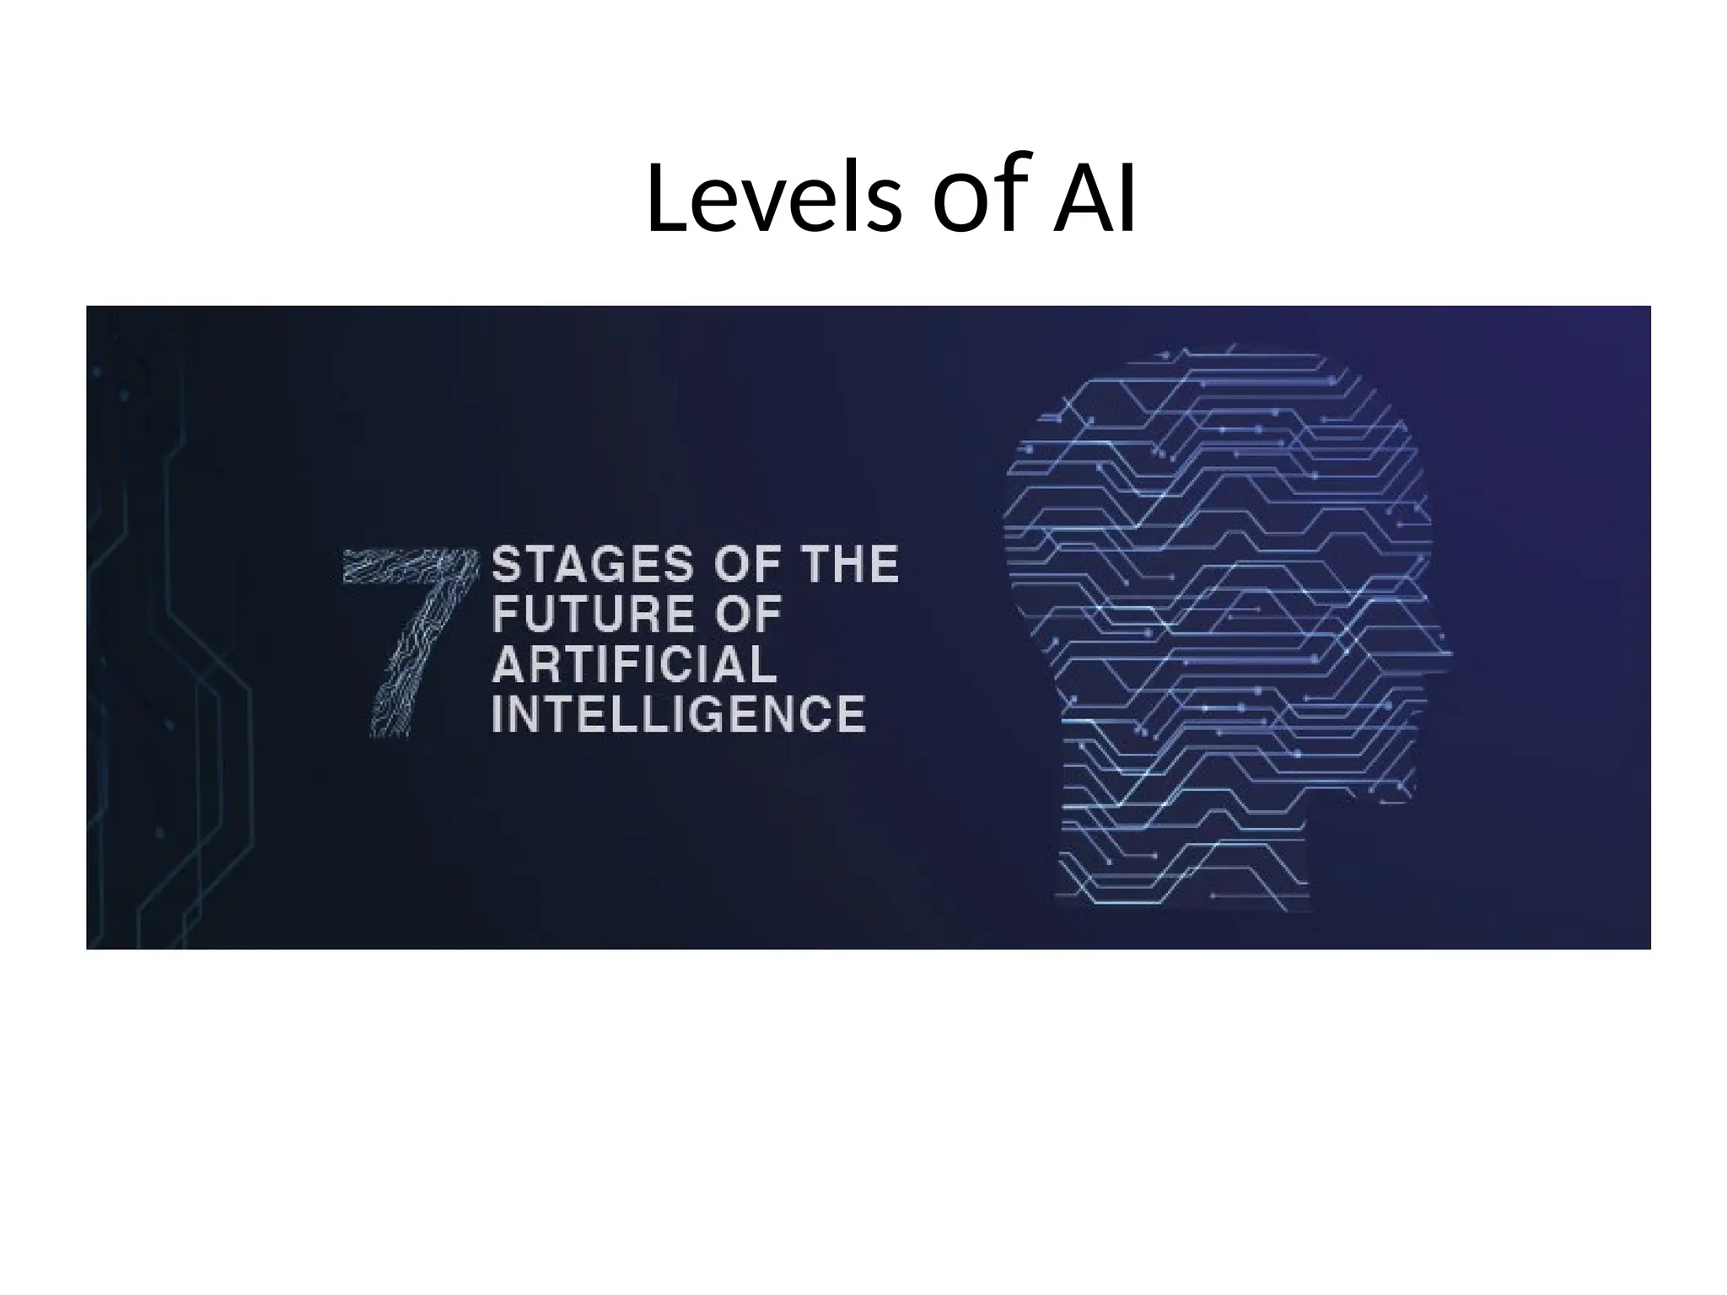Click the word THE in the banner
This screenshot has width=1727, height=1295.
click(x=848, y=565)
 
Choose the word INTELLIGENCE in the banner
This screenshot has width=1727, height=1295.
click(x=678, y=714)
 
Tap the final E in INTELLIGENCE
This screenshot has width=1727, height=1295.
click(x=851, y=714)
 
